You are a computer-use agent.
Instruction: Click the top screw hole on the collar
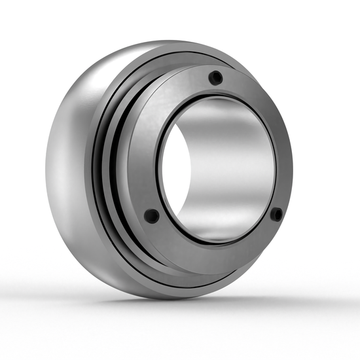tap(213, 79)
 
